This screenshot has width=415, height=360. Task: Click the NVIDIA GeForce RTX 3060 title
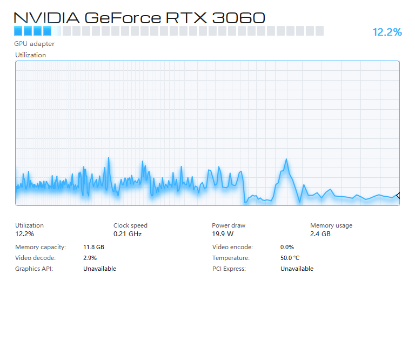[x=139, y=18]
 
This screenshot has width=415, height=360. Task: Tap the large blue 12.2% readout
[x=387, y=32]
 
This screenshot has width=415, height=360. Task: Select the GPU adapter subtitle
[x=35, y=44]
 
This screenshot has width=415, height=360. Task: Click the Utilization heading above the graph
[x=30, y=55]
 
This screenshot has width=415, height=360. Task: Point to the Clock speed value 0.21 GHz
[x=128, y=234]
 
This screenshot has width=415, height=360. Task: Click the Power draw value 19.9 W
[x=223, y=234]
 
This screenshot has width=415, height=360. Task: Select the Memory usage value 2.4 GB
[x=320, y=234]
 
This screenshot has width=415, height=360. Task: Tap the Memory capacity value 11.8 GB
[x=93, y=247]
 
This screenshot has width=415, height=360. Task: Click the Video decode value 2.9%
[x=90, y=258]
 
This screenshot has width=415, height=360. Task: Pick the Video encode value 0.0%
[x=287, y=247]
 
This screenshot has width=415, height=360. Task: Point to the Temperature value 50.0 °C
[x=290, y=258]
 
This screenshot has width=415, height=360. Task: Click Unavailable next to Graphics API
[x=100, y=269]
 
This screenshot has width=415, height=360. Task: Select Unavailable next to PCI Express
[x=297, y=269]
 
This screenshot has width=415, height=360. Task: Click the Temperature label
[x=231, y=258]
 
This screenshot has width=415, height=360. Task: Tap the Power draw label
[x=229, y=225]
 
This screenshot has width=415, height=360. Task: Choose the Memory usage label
[x=331, y=225]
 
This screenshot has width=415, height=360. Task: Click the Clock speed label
[x=130, y=225]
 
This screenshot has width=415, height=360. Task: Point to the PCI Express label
[x=229, y=269]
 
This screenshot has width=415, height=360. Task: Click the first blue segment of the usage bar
[x=18, y=31]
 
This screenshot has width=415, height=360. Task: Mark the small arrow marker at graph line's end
[x=398, y=196]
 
